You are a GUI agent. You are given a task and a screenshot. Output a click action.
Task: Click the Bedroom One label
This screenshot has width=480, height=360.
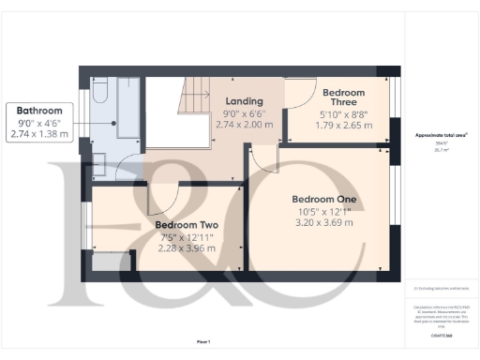324,200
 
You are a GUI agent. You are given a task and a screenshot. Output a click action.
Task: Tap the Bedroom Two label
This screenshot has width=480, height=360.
187,225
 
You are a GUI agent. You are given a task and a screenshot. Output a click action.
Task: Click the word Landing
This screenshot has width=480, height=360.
244,101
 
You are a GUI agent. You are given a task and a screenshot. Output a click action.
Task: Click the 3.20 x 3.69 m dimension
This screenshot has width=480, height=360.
324,223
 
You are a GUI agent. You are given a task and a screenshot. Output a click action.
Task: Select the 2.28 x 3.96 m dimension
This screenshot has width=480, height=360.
187,248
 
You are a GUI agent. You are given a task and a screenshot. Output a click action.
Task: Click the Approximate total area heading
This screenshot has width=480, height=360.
441,136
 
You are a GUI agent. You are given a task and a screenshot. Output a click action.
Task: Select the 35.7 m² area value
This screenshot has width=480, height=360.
437,149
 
